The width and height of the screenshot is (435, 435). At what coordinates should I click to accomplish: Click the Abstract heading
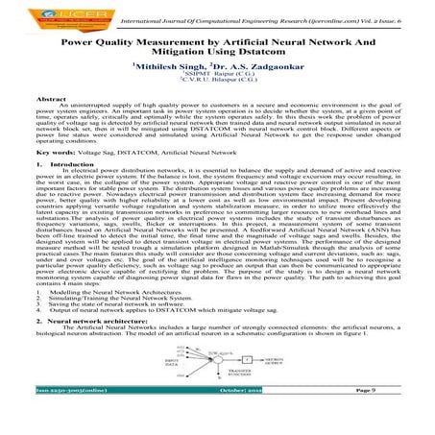point(50,100)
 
